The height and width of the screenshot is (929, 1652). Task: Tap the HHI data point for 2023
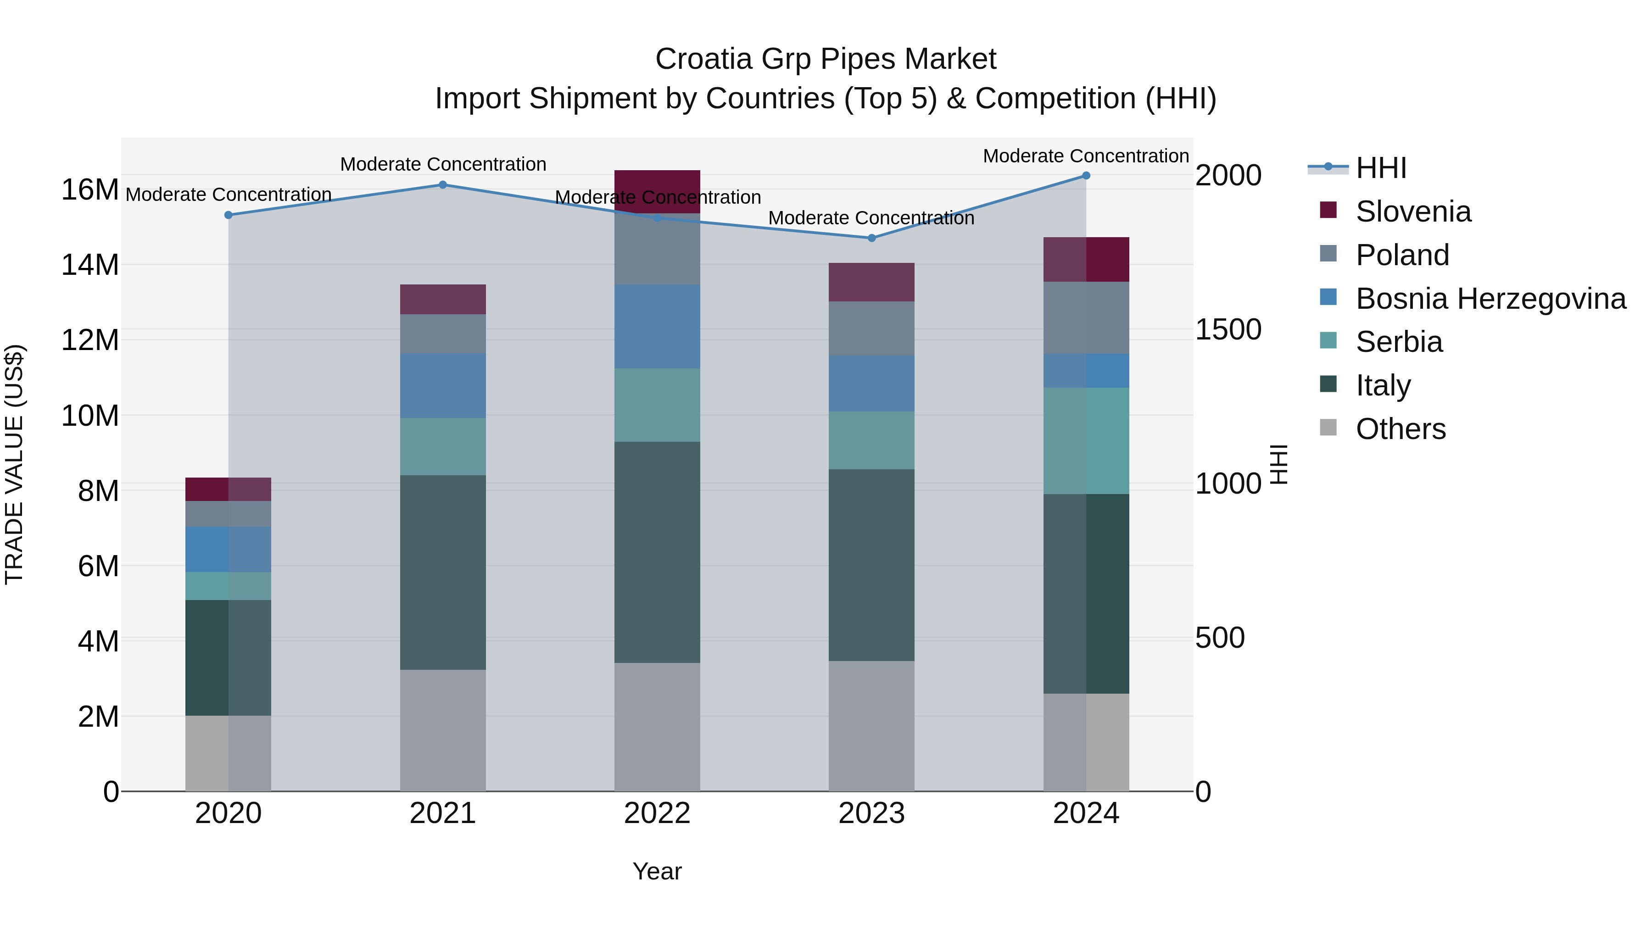871,238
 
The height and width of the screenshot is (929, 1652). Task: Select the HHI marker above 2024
1086,175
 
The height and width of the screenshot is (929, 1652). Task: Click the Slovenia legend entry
1413,211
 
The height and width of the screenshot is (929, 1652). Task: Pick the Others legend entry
1401,429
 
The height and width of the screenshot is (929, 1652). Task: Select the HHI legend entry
1381,168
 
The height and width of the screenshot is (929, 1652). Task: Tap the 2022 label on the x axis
657,813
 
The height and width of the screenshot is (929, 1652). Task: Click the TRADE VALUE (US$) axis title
15,464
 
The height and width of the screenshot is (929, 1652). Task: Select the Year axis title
657,871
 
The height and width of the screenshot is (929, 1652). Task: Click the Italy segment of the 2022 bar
657,551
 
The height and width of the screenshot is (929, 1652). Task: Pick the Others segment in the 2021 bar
442,730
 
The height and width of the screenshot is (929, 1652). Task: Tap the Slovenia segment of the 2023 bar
871,282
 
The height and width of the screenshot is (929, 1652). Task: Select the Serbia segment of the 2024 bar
1086,440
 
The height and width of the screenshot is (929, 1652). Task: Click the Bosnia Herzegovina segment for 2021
442,385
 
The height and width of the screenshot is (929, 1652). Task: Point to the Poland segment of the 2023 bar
871,328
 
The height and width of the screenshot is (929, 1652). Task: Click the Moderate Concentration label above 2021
442,164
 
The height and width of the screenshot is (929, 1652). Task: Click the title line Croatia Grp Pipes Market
826,59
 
